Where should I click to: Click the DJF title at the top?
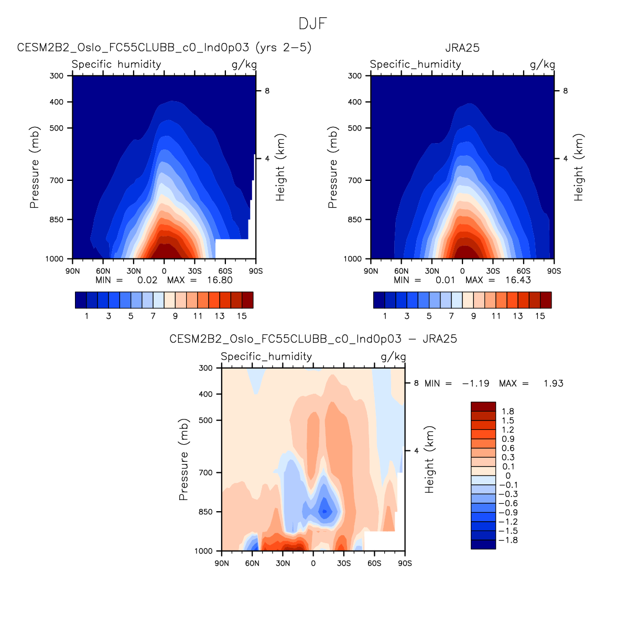point(313,24)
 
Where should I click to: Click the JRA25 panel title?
point(462,48)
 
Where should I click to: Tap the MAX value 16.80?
point(220,280)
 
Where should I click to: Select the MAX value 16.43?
point(518,280)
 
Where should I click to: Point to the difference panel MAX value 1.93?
point(553,383)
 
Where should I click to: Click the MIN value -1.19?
point(475,383)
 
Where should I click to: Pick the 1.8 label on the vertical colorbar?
point(507,412)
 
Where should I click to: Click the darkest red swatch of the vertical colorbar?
point(483,406)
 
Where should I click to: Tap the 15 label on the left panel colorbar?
point(242,316)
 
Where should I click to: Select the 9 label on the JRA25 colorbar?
point(473,316)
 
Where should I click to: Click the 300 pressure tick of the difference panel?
point(206,368)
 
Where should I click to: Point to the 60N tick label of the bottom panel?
point(252,564)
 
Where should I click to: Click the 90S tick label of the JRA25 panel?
point(554,271)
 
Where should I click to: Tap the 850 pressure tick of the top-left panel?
point(56,220)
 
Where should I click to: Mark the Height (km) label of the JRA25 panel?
point(579,167)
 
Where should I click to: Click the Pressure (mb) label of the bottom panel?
point(183,459)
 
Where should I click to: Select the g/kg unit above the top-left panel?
point(244,64)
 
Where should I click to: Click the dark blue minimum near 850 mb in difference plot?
point(325,510)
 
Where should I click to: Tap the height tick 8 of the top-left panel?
point(267,91)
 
